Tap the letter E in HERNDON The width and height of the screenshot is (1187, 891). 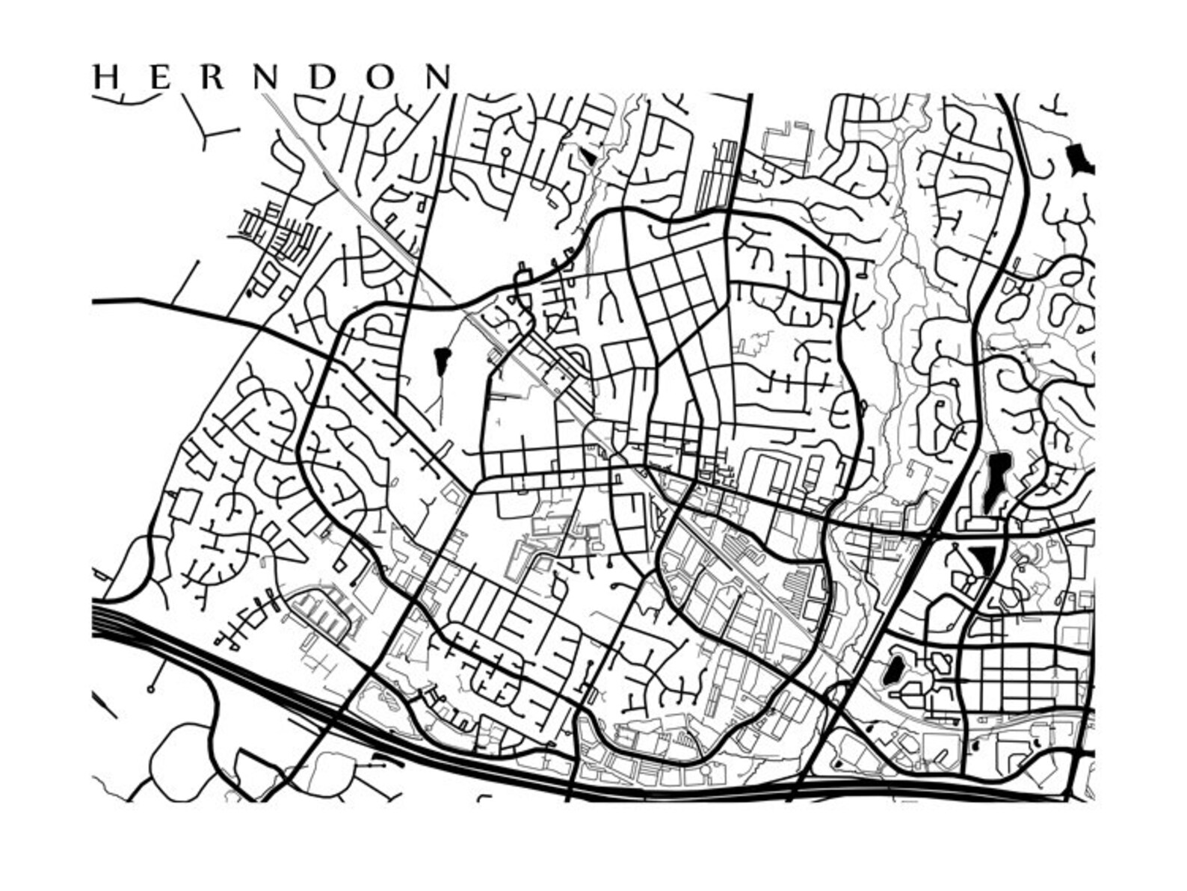[160, 77]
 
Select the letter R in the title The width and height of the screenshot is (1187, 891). [212, 77]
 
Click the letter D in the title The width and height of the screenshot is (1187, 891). [321, 77]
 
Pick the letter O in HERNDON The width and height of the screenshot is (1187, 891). [380, 77]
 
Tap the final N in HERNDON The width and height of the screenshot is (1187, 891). [438, 77]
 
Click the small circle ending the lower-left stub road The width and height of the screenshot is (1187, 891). [151, 688]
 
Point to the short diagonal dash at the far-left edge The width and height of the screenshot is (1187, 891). [105, 704]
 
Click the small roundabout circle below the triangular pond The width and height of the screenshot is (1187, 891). [970, 579]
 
